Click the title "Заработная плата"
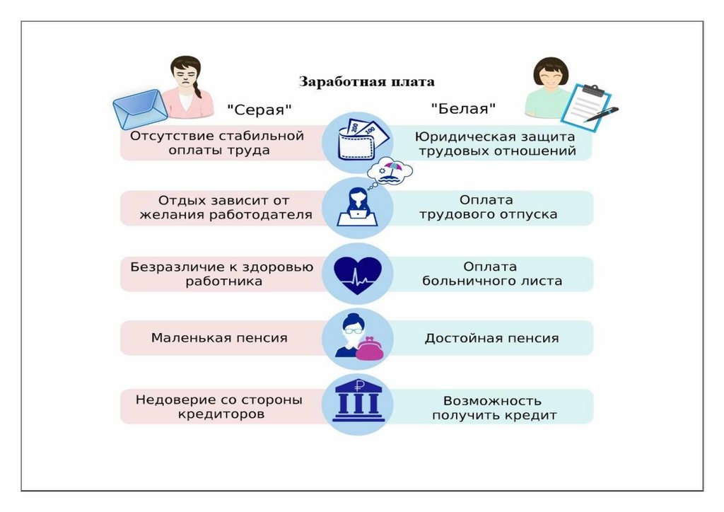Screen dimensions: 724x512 coord(367,82)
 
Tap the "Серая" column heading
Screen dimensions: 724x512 coord(259,110)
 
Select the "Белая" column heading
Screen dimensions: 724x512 coord(463,109)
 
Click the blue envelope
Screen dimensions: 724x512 coord(141,109)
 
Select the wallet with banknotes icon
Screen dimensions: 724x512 coord(358,139)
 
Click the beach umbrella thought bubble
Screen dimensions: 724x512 coord(390,171)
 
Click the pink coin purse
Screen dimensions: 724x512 coord(369,349)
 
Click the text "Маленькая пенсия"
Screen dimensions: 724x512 coord(219,338)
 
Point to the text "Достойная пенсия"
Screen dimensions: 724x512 coord(492,339)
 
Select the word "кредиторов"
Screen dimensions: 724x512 coord(221,414)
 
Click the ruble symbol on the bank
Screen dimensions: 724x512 coord(359,385)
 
